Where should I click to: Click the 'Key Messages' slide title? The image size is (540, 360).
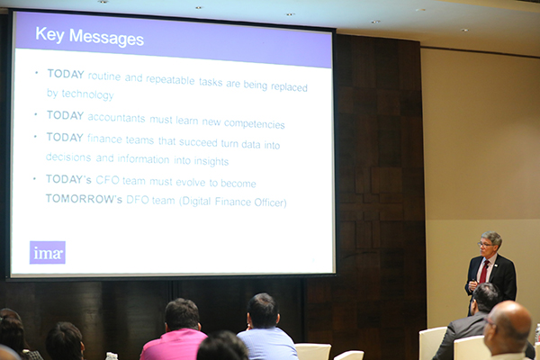89,37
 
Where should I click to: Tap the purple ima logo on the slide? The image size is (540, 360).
48,253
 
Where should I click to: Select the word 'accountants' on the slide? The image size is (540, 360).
116,118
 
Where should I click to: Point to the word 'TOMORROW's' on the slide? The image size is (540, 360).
84,199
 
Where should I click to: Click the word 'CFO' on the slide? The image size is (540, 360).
107,180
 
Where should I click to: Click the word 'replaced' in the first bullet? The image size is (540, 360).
289,86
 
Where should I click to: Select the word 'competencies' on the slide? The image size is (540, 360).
254,123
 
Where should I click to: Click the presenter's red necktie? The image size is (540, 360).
484,272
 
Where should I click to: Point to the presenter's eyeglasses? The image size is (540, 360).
485,244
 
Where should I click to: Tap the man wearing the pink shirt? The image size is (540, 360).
175,330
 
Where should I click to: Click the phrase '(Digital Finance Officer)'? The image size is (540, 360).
232,202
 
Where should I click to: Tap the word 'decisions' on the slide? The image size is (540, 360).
68,157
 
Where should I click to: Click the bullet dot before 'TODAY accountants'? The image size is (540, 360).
36,114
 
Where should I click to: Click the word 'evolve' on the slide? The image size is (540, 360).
191,182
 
